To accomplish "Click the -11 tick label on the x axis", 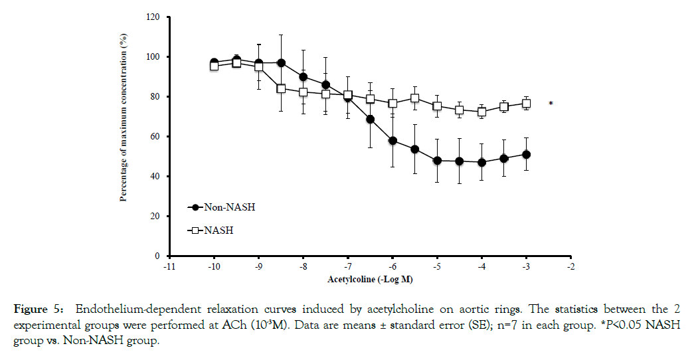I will [170, 267].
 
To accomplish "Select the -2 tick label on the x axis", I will [570, 267].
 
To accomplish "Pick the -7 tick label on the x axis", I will [348, 267].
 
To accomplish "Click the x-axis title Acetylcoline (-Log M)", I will [370, 279].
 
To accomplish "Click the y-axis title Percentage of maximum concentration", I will [124, 118].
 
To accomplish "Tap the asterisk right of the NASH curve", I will [550, 104].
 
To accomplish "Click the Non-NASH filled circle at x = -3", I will [526, 155].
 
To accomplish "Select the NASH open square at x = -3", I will [526, 104].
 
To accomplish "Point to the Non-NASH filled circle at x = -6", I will [393, 141].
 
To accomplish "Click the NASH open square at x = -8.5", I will [282, 88].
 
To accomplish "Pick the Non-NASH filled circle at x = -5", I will [437, 161].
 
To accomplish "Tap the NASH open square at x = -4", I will [481, 112].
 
